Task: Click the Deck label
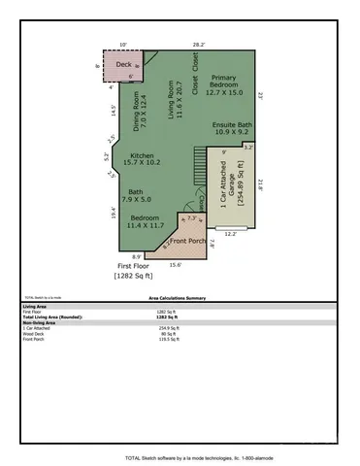coord(123,65)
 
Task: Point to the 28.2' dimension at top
coord(199,44)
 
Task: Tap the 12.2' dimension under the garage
coord(230,233)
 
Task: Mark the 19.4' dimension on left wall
coord(113,212)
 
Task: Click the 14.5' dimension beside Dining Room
coord(113,111)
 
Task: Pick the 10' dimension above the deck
coord(123,44)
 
